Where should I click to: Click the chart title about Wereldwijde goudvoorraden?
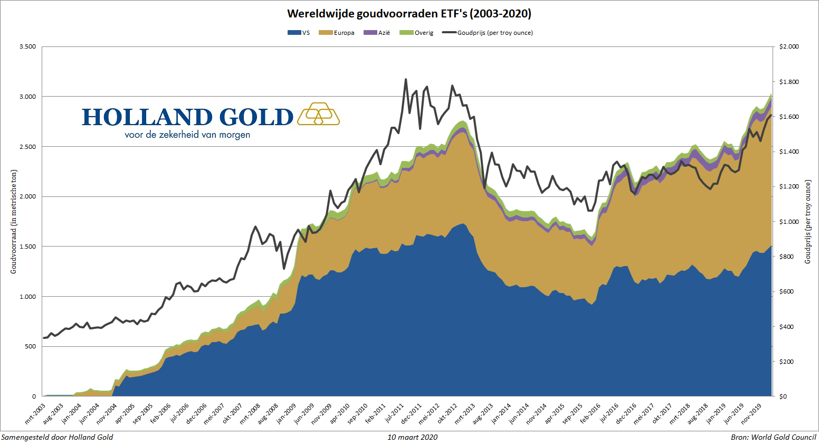click(409, 14)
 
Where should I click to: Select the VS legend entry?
click(299, 33)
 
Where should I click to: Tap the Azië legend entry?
click(378, 33)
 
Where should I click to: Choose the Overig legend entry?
click(417, 33)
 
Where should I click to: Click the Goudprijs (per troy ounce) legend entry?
click(488, 33)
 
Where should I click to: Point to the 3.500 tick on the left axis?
click(27, 46)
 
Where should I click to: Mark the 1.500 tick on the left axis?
click(27, 247)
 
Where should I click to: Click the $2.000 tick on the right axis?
click(789, 46)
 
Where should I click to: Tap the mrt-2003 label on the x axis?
click(36, 414)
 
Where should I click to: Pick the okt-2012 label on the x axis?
click(447, 414)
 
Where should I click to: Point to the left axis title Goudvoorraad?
click(14, 221)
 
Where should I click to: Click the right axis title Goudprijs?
click(807, 222)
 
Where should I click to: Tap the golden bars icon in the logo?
click(318, 114)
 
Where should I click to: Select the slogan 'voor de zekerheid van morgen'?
click(187, 135)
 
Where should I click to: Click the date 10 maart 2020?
click(412, 437)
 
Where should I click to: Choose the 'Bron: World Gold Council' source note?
click(773, 437)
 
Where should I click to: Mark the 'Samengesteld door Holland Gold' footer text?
click(57, 437)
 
